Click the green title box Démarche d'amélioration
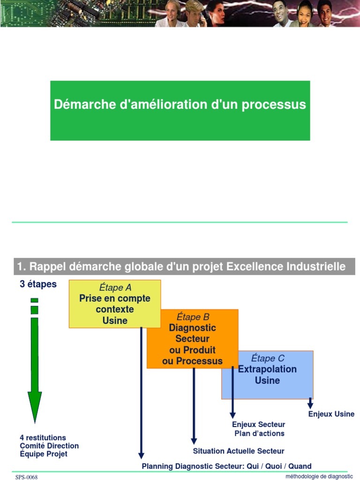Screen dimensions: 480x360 click(x=180, y=111)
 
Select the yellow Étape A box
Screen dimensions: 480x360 click(x=115, y=304)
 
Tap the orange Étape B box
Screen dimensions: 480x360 click(x=192, y=338)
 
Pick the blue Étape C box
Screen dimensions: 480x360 click(x=267, y=375)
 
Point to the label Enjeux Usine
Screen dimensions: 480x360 click(x=331, y=414)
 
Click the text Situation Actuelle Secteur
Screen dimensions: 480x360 click(x=239, y=451)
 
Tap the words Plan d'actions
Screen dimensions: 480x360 click(x=259, y=434)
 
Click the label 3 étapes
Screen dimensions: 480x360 click(x=38, y=285)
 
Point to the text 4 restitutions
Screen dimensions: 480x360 click(x=43, y=438)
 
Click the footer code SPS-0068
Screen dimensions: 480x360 click(x=26, y=477)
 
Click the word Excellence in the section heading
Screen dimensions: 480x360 click(x=254, y=267)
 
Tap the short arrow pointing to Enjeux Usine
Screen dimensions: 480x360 click(x=310, y=403)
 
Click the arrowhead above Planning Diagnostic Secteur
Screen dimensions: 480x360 click(x=141, y=455)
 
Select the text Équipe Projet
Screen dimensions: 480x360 click(x=44, y=454)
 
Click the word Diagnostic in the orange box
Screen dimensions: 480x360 click(x=192, y=328)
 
